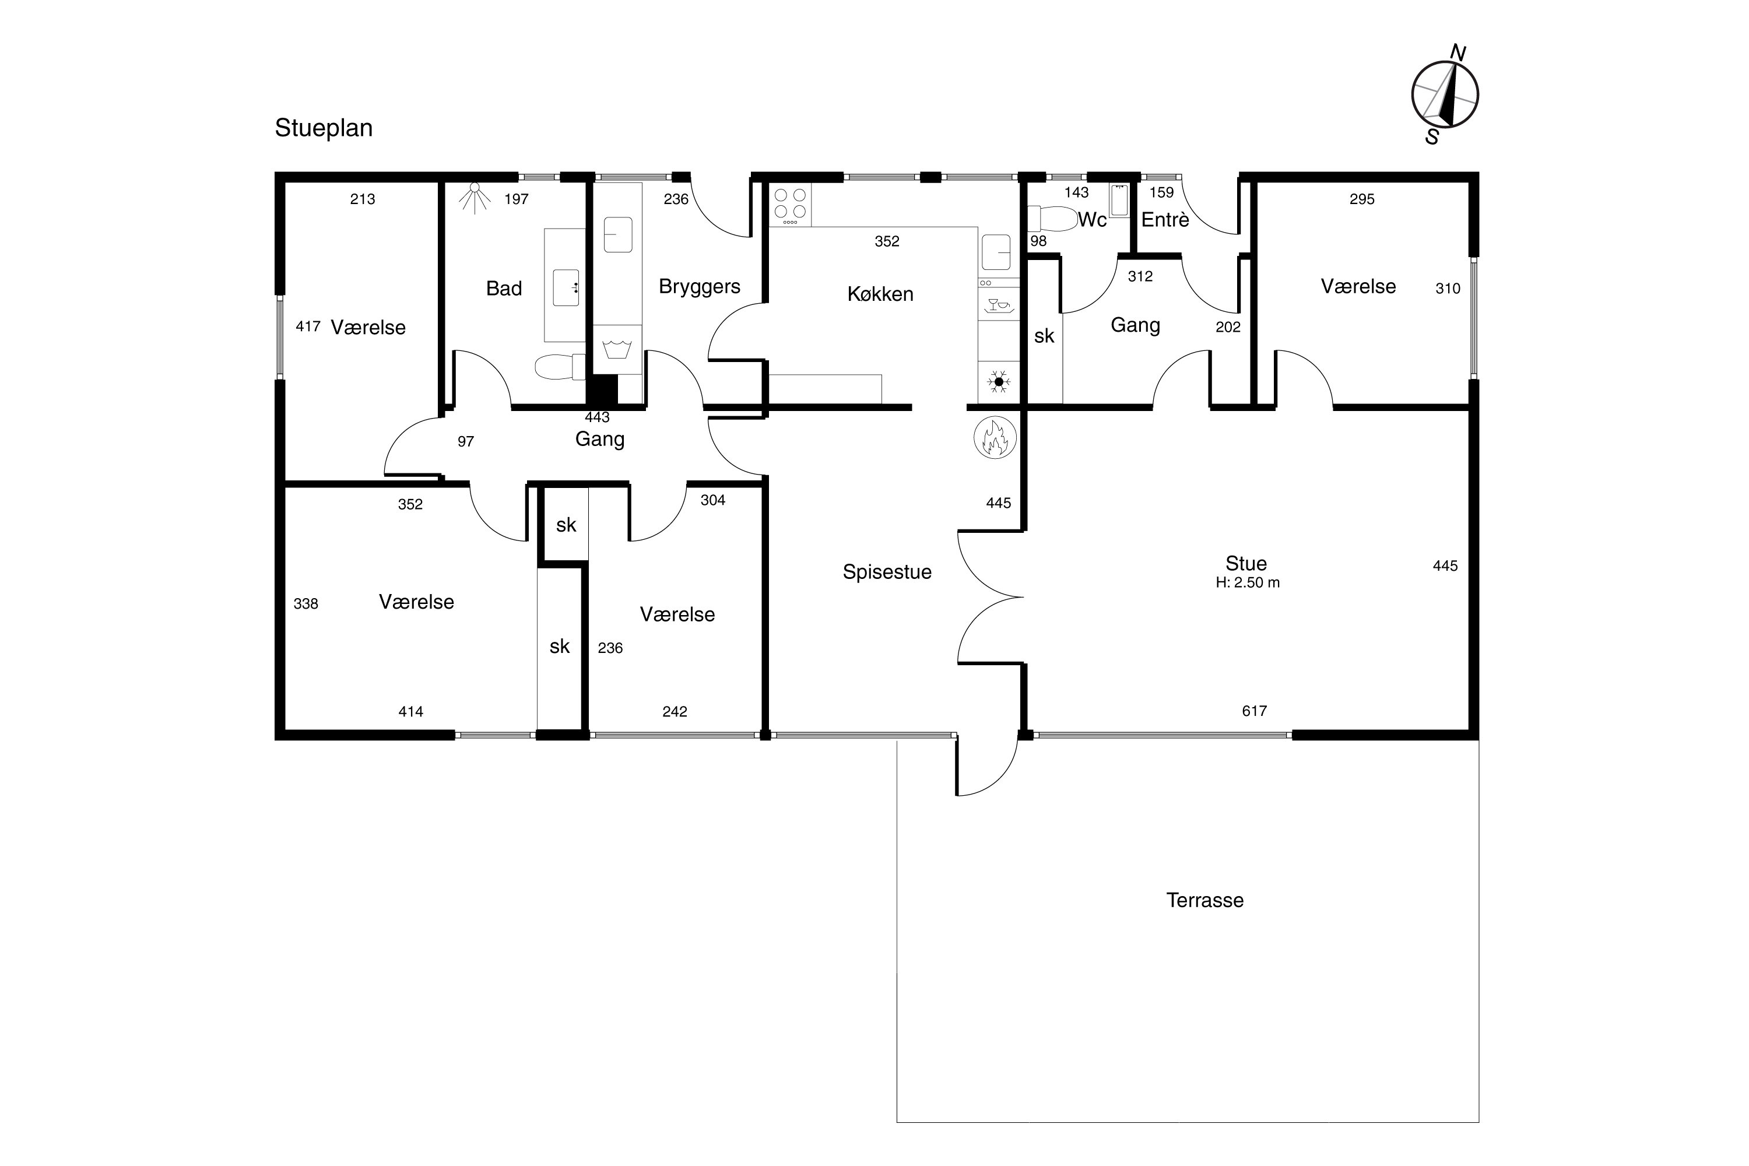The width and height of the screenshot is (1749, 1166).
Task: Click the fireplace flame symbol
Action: (x=995, y=437)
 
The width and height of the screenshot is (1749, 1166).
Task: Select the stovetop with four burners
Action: (x=790, y=205)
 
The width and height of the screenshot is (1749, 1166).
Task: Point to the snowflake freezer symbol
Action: (x=999, y=382)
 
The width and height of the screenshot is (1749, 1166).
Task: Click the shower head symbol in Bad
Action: (x=475, y=198)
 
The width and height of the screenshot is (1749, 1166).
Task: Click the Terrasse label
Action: (x=1204, y=901)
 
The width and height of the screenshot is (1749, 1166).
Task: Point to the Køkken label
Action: (x=880, y=294)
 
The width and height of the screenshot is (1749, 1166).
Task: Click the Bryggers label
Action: (x=699, y=287)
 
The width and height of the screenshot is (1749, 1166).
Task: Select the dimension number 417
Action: (x=307, y=326)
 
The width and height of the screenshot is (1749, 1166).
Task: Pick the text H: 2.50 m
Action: (x=1247, y=583)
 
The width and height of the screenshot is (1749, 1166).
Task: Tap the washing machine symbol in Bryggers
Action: (x=617, y=348)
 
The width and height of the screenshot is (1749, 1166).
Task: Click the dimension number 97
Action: (x=465, y=442)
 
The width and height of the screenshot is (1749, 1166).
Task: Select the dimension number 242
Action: (x=675, y=712)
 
